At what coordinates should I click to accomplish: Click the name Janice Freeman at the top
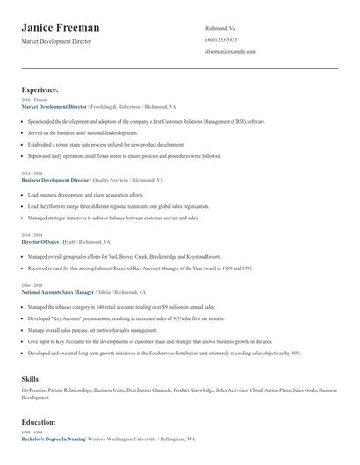pyautogui.click(x=60, y=28)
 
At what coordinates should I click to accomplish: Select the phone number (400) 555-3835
pyautogui.click(x=220, y=39)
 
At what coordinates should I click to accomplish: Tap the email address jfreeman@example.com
pyautogui.click(x=230, y=52)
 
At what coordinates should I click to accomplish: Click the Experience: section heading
pyautogui.click(x=40, y=89)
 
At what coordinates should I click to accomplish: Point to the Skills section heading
pyautogui.click(x=30, y=378)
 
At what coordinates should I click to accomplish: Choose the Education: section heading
pyautogui.click(x=39, y=422)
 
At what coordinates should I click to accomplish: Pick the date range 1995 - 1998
pyautogui.click(x=31, y=433)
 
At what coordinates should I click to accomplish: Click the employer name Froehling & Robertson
pyautogui.click(x=116, y=105)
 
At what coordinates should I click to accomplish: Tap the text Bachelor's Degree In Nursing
pyautogui.click(x=53, y=439)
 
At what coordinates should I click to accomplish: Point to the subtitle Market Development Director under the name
pyautogui.click(x=57, y=41)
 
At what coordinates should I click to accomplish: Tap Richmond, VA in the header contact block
pyautogui.click(x=221, y=28)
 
